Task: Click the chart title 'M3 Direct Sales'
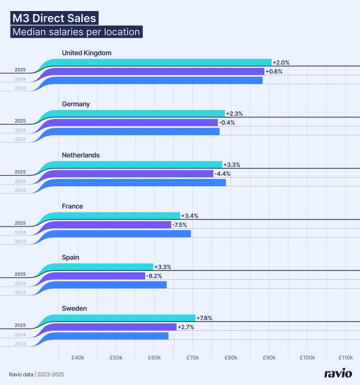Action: tap(54, 18)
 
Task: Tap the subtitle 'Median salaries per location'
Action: tap(76, 32)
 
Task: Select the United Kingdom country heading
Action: tap(86, 53)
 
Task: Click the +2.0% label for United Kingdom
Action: tap(281, 62)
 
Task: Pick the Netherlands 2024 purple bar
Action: tap(129, 173)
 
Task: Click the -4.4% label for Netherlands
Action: tap(223, 173)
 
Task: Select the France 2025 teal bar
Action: tap(115, 216)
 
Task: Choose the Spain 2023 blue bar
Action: tap(106, 285)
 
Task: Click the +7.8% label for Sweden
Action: tap(205, 318)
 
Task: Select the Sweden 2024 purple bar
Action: tap(110, 327)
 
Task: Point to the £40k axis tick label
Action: tap(77, 357)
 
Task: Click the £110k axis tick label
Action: tap(345, 357)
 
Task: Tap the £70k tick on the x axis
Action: tap(192, 357)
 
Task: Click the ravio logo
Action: tap(338, 374)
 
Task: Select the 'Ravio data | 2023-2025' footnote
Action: tap(36, 374)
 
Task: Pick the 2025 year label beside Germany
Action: tap(20, 121)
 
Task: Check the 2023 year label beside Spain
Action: tap(20, 293)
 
